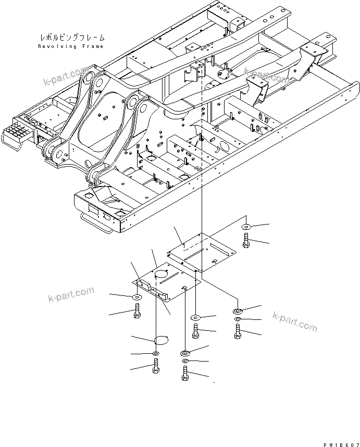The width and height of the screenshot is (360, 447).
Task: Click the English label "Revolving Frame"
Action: pyautogui.click(x=71, y=46)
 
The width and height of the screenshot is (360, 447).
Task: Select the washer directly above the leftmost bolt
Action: pyautogui.click(x=137, y=296)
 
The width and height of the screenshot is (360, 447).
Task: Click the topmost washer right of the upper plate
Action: pyautogui.click(x=246, y=227)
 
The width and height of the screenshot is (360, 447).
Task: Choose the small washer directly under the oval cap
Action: pyautogui.click(x=156, y=354)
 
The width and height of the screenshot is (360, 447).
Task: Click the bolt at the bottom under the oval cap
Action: pyautogui.click(x=156, y=368)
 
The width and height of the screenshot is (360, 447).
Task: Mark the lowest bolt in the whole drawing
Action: pyautogui.click(x=185, y=374)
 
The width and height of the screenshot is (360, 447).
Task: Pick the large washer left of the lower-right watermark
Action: pyautogui.click(x=238, y=311)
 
